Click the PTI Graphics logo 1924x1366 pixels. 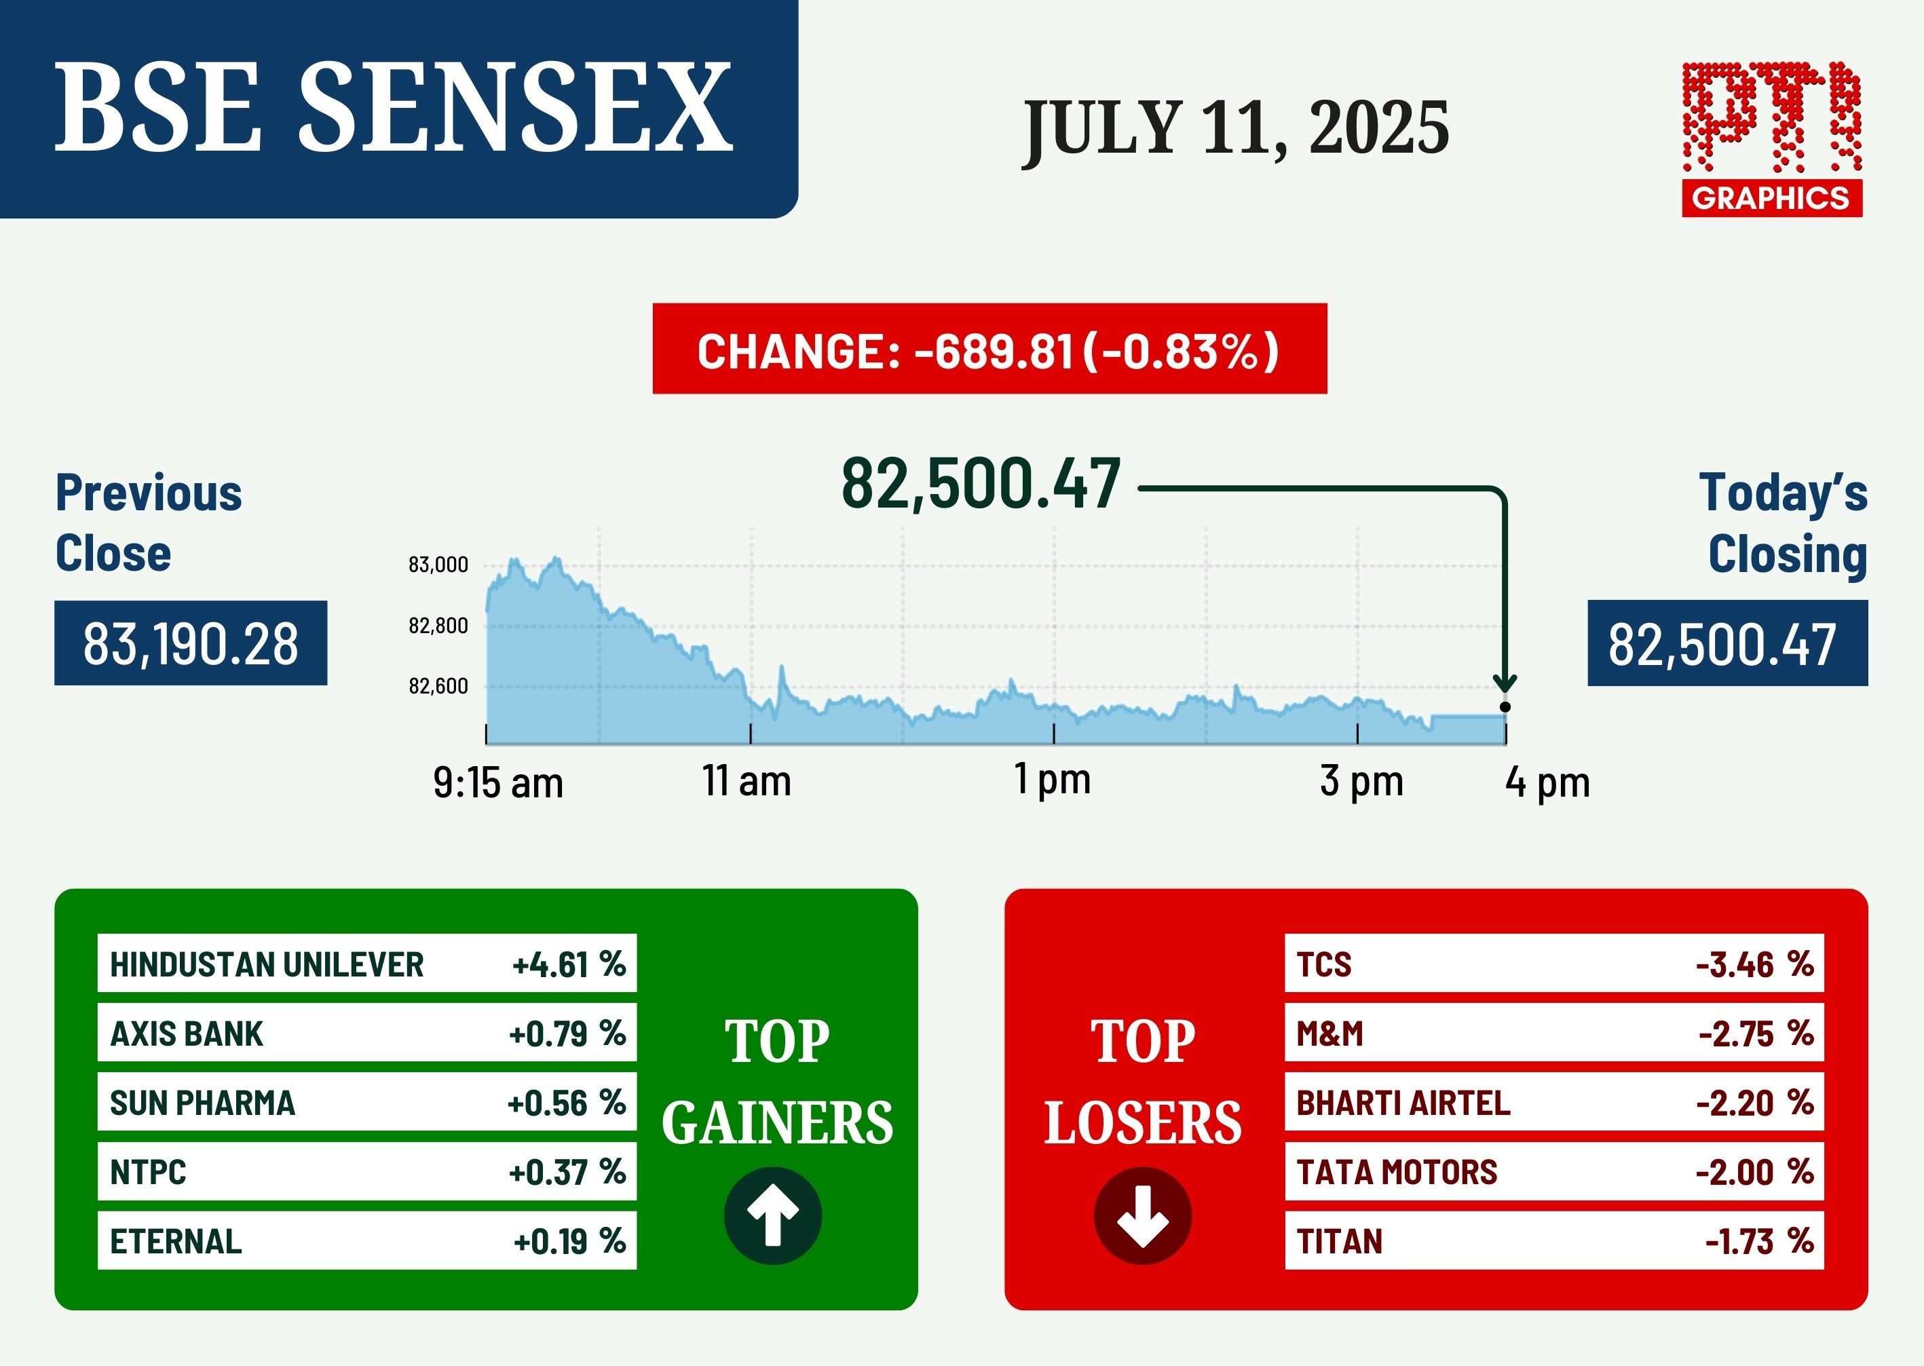point(1772,139)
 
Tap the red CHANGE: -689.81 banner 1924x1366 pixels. point(989,348)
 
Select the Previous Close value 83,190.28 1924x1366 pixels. point(191,643)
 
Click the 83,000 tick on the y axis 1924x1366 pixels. point(438,565)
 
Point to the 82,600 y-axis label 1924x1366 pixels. point(438,686)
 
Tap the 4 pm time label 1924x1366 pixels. point(1548,782)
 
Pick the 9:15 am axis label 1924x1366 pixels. point(498,783)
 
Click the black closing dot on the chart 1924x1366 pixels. point(1505,706)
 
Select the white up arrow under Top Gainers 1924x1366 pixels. point(773,1215)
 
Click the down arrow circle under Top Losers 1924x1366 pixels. point(1142,1215)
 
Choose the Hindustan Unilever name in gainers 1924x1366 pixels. point(267,965)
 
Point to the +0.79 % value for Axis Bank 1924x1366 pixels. point(567,1033)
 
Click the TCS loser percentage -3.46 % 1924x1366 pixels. point(1755,965)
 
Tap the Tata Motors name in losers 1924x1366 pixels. point(1397,1173)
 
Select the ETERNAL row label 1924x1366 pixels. point(176,1242)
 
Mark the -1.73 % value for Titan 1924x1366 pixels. point(1759,1242)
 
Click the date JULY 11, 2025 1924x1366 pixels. point(1236,128)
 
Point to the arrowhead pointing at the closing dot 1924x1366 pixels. point(1505,682)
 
